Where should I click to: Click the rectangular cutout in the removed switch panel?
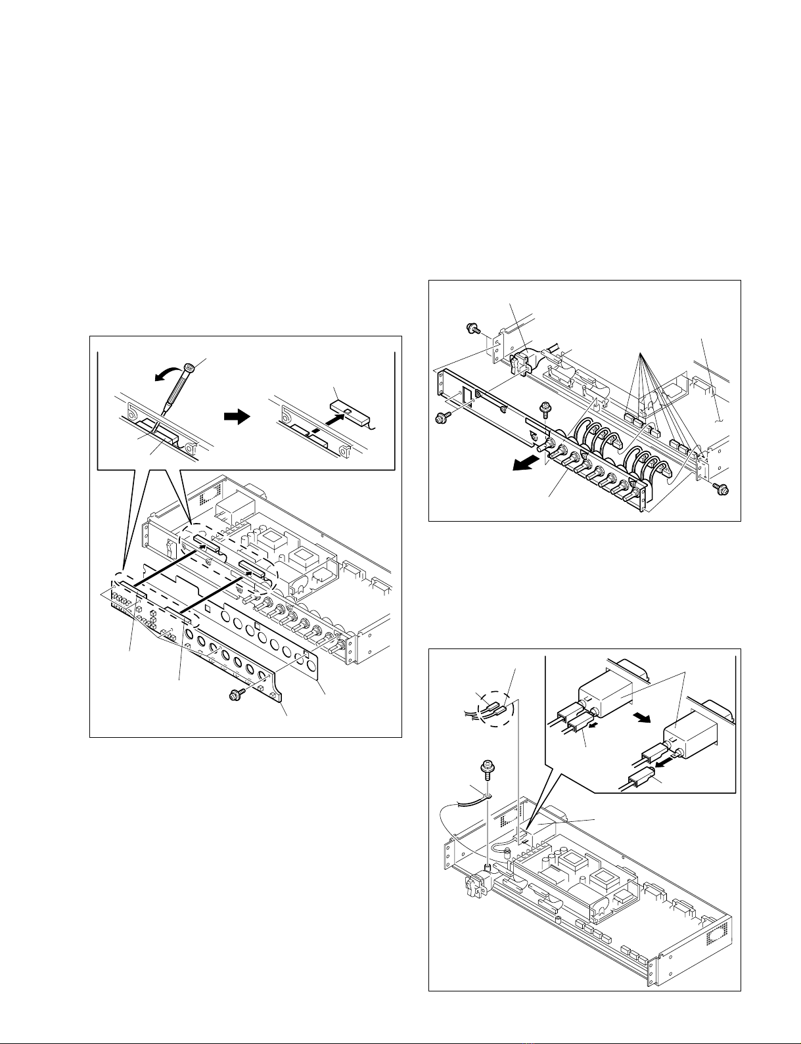pos(465,396)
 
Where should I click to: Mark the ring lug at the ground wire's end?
pos(488,797)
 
